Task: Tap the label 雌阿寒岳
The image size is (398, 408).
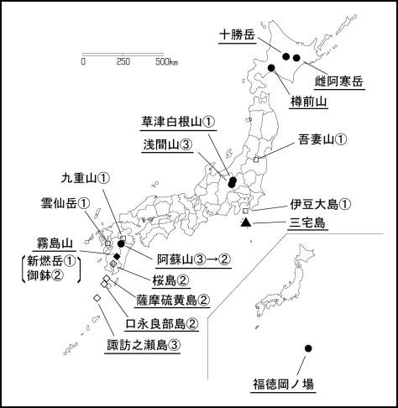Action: [339, 81]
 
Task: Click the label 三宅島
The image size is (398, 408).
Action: [307, 223]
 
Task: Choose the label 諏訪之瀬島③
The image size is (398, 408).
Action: [143, 343]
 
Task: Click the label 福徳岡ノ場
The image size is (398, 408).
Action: [283, 384]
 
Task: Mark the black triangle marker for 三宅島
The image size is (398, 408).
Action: [245, 222]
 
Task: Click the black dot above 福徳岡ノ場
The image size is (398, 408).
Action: [308, 348]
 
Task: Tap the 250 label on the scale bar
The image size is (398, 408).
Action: [123, 61]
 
